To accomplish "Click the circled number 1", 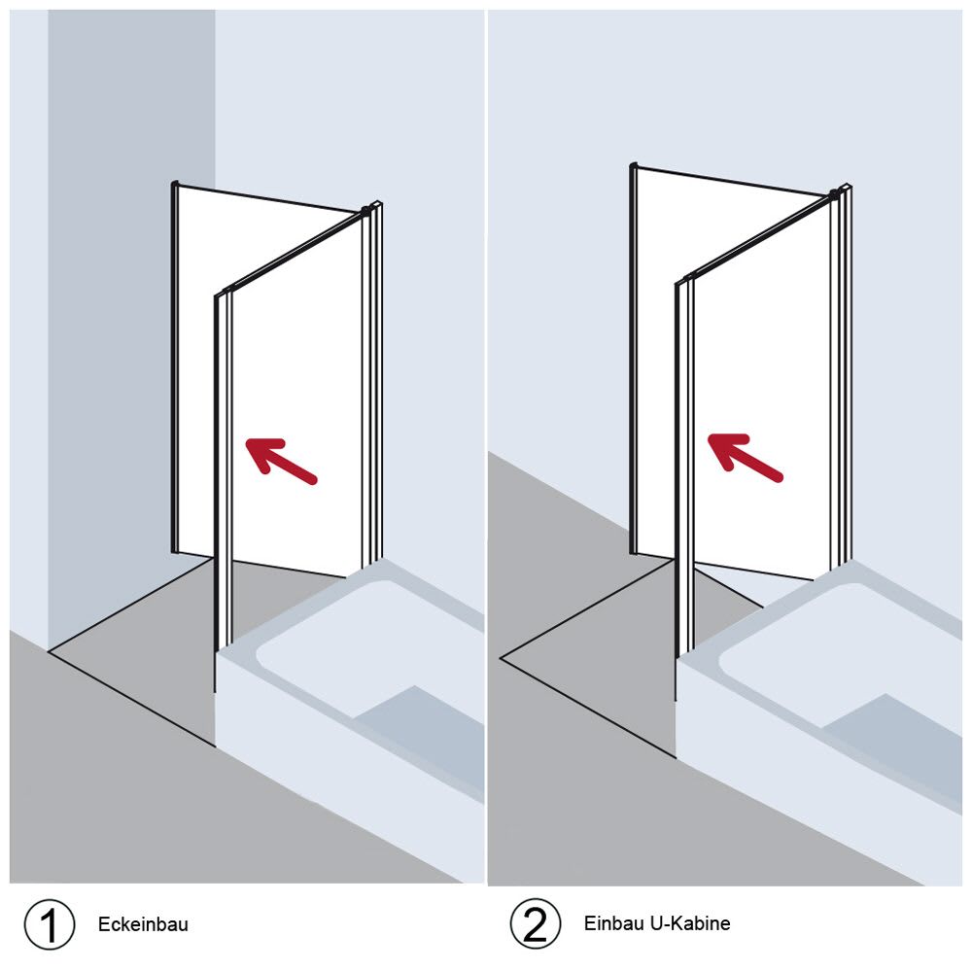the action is pyautogui.click(x=50, y=923).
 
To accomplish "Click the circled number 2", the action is pyautogui.click(x=536, y=923).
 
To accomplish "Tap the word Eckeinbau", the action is pyautogui.click(x=143, y=924).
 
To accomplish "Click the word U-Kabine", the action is pyautogui.click(x=690, y=923).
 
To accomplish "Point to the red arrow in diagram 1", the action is pyautogui.click(x=282, y=460).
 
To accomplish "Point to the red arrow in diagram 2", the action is pyautogui.click(x=746, y=456).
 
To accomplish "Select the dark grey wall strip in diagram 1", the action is pyautogui.click(x=131, y=323).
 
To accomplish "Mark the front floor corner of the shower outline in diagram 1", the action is pyautogui.click(x=215, y=746).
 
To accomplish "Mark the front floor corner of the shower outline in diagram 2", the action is pyautogui.click(x=676, y=757).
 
